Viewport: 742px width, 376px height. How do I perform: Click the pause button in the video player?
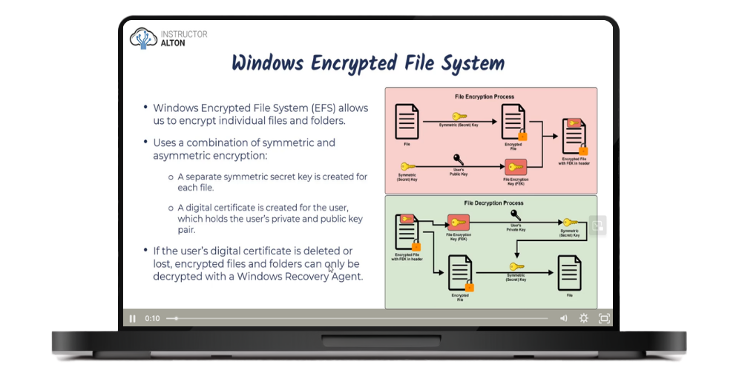point(133,318)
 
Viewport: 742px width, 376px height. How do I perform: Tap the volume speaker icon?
point(563,318)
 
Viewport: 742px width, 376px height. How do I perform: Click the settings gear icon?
point(584,318)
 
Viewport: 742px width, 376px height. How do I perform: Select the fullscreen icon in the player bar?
point(604,318)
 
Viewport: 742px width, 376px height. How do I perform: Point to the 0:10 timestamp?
point(152,318)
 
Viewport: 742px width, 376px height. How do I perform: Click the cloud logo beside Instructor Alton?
point(142,38)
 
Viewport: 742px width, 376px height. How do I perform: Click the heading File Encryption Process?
point(485,96)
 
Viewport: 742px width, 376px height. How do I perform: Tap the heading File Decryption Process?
point(493,202)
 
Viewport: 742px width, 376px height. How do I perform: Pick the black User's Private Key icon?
point(516,214)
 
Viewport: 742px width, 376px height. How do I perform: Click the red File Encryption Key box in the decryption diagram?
point(458,222)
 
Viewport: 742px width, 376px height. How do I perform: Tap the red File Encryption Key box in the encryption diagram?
point(515,167)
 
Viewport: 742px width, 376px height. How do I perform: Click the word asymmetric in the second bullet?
point(181,156)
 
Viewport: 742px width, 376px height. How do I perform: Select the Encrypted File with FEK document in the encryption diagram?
point(573,136)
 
